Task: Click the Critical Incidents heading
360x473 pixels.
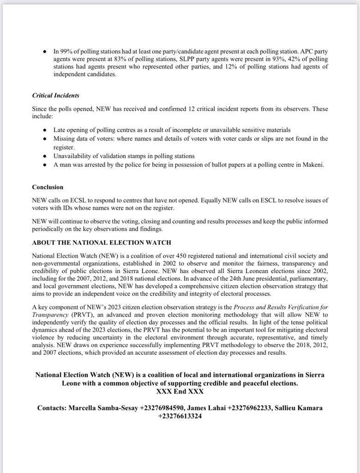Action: pyautogui.click(x=55, y=96)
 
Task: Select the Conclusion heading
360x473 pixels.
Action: pyautogui.click(x=48, y=187)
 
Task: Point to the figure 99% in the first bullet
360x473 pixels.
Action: pyautogui.click(x=66, y=51)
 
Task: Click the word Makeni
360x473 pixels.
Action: pyautogui.click(x=312, y=164)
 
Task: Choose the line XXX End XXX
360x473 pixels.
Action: pyautogui.click(x=180, y=391)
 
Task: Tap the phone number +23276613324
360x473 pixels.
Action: pyautogui.click(x=180, y=416)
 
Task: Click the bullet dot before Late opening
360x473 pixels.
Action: pyautogui.click(x=44, y=131)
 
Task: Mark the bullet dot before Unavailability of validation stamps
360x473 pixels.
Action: pyautogui.click(x=44, y=156)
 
